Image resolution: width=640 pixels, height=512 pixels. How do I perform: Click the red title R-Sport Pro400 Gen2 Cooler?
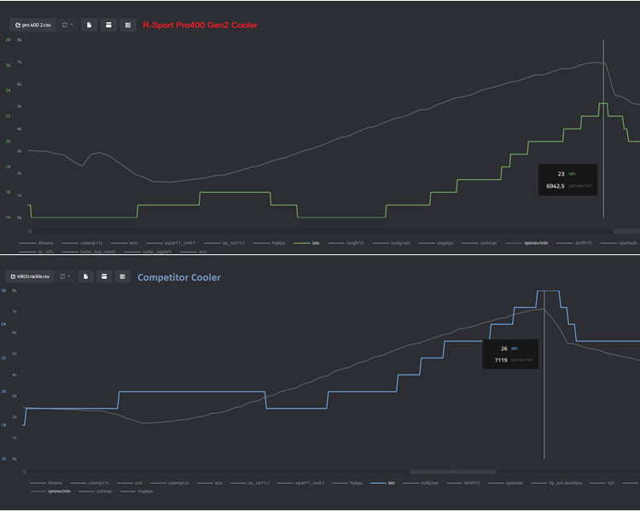point(200,26)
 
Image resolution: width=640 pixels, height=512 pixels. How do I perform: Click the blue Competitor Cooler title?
point(178,277)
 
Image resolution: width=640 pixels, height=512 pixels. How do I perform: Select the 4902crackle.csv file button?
point(29,276)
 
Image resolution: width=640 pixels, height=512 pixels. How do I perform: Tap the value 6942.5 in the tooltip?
point(556,185)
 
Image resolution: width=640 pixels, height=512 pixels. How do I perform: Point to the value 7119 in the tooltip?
point(501,360)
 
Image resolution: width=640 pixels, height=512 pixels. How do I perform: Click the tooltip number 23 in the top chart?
point(561,173)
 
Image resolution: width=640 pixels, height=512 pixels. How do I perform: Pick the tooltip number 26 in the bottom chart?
point(503,348)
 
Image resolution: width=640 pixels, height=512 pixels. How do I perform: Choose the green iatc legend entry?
point(317,243)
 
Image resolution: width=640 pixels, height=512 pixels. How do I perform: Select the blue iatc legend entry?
point(393,483)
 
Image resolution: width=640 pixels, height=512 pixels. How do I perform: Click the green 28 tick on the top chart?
point(8,40)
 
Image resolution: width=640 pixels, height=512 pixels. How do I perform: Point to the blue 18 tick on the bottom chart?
point(3,425)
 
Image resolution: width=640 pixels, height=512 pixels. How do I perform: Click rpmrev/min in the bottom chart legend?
point(59,492)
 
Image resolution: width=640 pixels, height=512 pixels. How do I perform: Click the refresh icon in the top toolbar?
point(65,26)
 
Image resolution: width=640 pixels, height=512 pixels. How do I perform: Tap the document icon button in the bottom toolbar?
point(86,276)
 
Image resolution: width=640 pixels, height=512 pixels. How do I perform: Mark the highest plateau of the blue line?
point(547,292)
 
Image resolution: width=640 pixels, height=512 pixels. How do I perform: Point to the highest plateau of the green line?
point(602,104)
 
